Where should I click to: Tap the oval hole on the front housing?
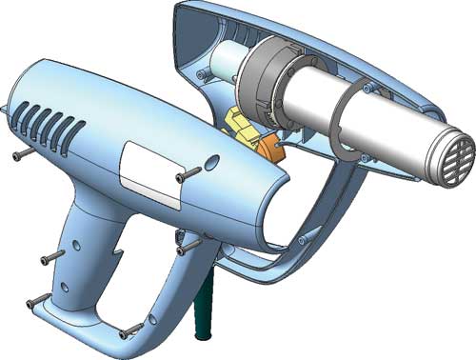[x=210, y=161]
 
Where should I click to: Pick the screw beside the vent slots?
[x=20, y=152]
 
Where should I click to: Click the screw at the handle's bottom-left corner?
[x=37, y=302]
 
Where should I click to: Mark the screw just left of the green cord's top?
[x=185, y=250]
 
